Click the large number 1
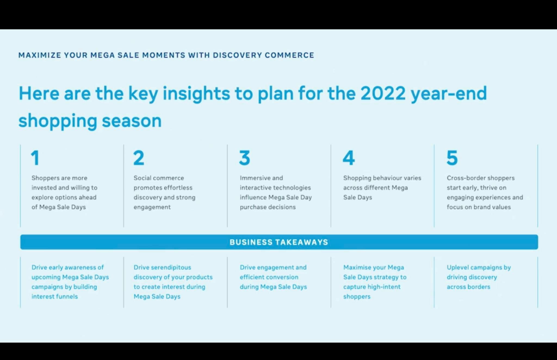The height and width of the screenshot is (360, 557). pyautogui.click(x=35, y=158)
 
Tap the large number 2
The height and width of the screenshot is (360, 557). pyautogui.click(x=139, y=158)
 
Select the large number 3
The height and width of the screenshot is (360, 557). pyautogui.click(x=245, y=158)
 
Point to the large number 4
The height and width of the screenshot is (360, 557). pyautogui.click(x=349, y=158)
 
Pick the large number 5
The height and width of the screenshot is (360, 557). pyautogui.click(x=452, y=158)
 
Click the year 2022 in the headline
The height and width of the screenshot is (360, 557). pyautogui.click(x=383, y=94)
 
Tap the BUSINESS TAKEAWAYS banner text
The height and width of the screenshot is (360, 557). pyautogui.click(x=279, y=242)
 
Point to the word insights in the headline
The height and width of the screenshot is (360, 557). pyautogui.click(x=196, y=94)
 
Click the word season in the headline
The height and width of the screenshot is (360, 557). pyautogui.click(x=132, y=121)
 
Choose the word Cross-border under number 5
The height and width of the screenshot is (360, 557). pyautogui.click(x=463, y=178)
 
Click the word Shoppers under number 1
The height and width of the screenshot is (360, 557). pyautogui.click(x=45, y=178)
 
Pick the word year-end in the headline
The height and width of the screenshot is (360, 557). pyautogui.click(x=449, y=94)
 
